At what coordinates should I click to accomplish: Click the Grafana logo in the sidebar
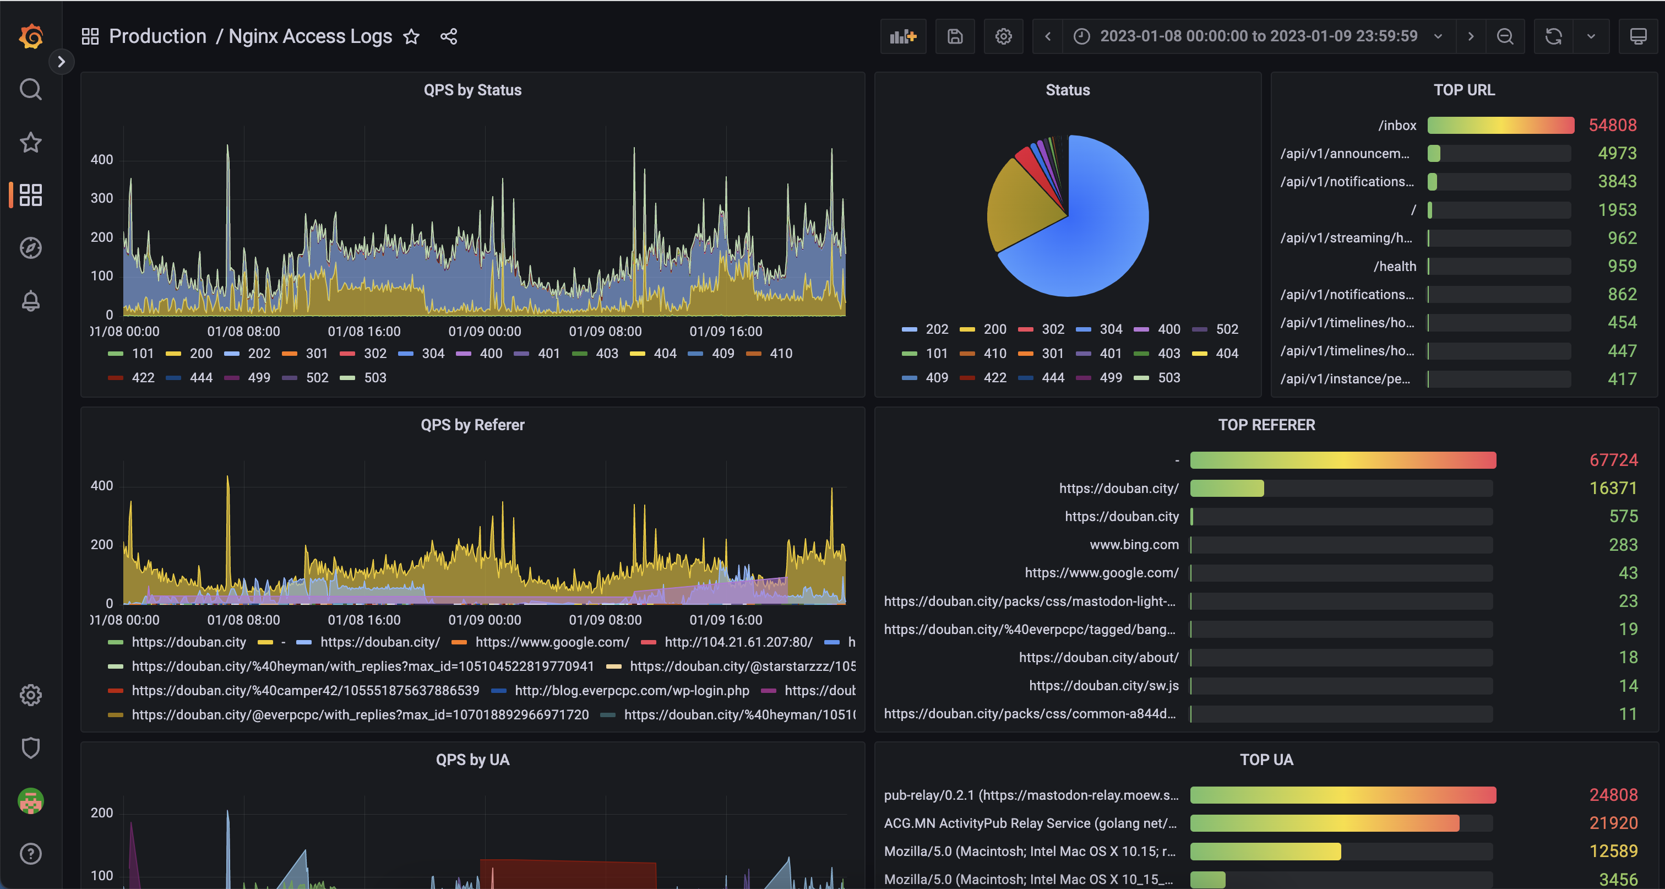30,36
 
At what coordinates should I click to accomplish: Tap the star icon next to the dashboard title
412,37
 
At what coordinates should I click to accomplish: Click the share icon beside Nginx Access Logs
449,37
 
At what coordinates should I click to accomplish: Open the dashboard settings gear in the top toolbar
1003,37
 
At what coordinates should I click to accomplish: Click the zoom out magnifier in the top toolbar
1505,37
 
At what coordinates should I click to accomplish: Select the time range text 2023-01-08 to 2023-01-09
1259,36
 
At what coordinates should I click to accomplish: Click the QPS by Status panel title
472,90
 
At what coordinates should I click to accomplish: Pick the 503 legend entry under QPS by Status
374,378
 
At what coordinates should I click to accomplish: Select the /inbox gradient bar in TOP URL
1500,126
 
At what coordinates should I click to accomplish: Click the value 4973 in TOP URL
1617,153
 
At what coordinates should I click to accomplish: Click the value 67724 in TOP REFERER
1613,460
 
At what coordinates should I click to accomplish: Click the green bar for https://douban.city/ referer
1226,489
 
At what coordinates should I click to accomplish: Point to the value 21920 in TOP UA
1613,823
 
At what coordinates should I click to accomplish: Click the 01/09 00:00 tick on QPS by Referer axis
485,620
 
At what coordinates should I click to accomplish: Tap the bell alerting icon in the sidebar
30,301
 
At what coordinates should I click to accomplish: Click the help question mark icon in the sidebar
30,853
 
